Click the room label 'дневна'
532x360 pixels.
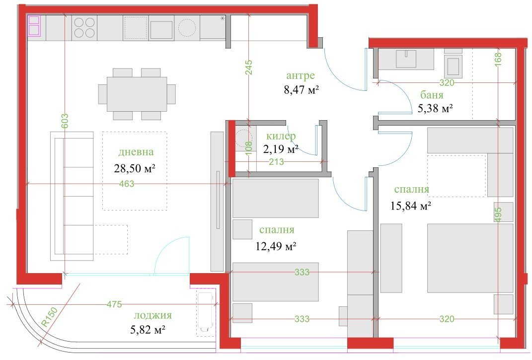pos(136,151)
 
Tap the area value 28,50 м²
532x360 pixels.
pos(135,168)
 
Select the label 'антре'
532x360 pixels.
pos(300,75)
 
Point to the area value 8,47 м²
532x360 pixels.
pos(302,90)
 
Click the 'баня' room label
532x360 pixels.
pos(432,95)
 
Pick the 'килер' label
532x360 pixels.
pos(281,136)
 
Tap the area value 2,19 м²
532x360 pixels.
pos(281,149)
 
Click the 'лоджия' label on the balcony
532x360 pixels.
pos(152,315)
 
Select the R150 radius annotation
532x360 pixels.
pos(50,317)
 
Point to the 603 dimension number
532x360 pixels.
pos(65,121)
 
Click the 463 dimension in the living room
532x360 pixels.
pos(127,184)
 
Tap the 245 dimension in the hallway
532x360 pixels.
pos(249,68)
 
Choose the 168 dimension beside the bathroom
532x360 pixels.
pos(498,60)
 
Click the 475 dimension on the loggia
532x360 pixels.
pos(114,304)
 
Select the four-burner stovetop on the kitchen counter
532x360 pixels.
pos(84,28)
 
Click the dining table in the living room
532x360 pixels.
pos(137,94)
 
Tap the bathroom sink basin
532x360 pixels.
pos(406,59)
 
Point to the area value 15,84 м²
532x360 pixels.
pos(411,206)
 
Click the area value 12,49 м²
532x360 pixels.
pos(276,246)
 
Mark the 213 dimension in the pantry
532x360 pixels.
pos(276,162)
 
